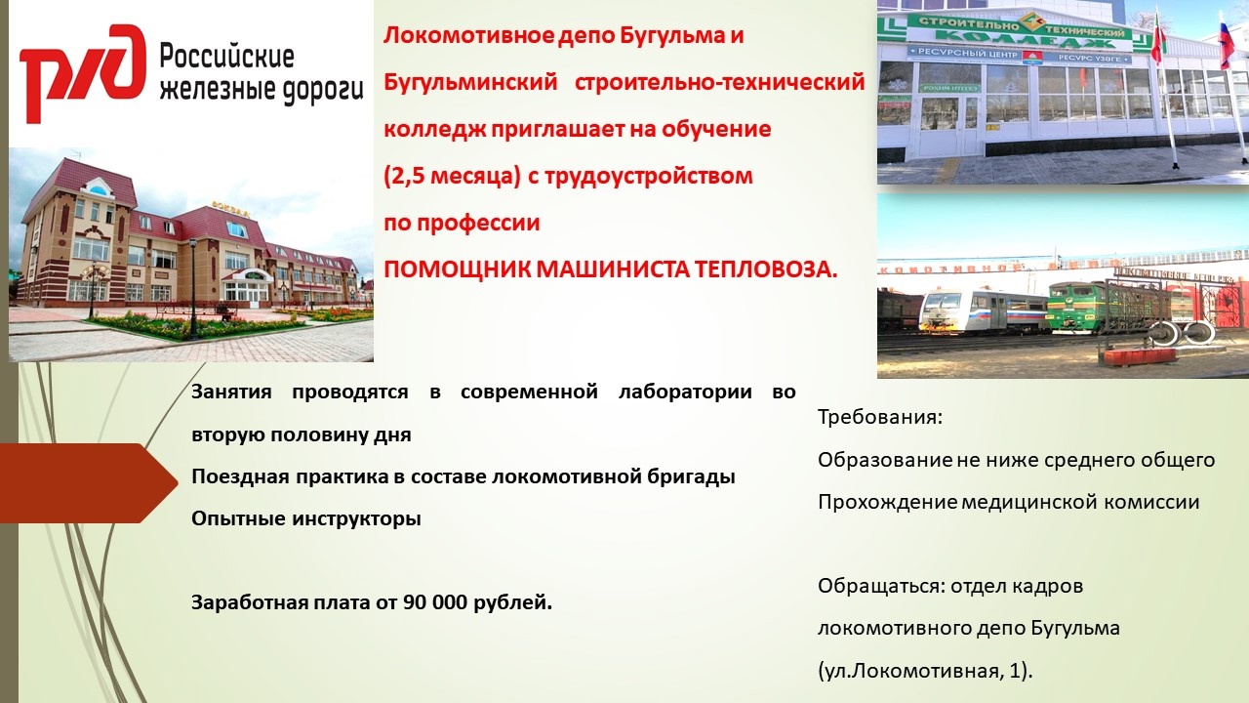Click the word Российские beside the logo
[227, 58]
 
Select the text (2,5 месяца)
[452, 177]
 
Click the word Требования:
[880, 417]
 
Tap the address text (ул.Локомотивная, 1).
[925, 671]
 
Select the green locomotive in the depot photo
[1107, 307]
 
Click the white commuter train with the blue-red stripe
[985, 311]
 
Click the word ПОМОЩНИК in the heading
[457, 270]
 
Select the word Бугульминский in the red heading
[470, 83]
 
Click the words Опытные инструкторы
[306, 518]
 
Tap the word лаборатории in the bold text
[685, 393]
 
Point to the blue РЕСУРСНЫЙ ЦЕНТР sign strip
[1021, 58]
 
